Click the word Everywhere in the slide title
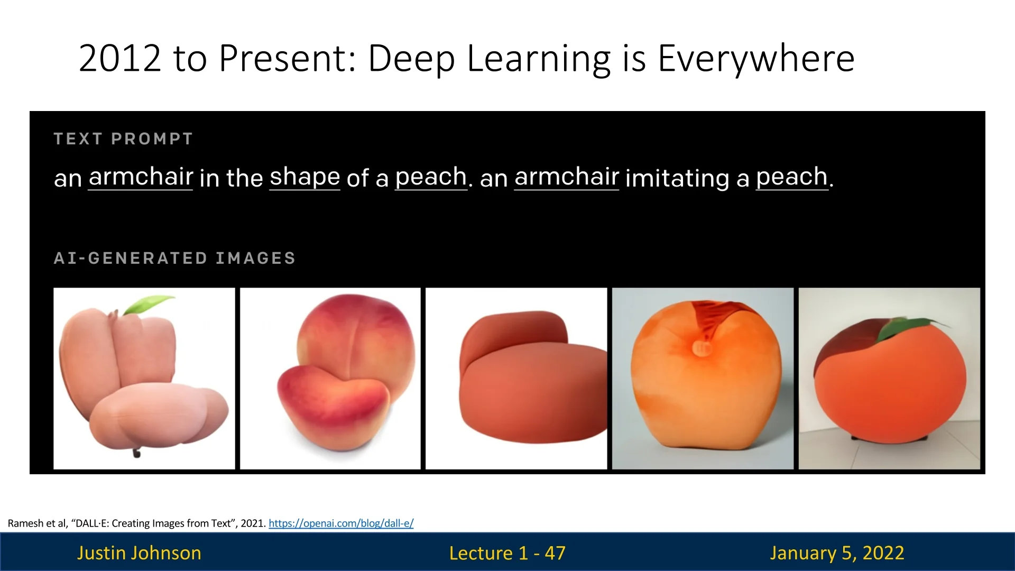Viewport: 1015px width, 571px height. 756,58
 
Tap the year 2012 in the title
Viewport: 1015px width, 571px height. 120,58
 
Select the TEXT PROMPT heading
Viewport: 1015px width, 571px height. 123,139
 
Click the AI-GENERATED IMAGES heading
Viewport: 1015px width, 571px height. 174,258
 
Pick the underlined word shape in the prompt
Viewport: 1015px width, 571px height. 305,177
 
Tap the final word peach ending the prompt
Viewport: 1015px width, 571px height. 791,177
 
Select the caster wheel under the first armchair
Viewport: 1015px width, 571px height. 136,453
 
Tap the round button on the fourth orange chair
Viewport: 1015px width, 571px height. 701,348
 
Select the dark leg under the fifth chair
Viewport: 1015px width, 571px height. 888,438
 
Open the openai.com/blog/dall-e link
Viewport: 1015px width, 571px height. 341,523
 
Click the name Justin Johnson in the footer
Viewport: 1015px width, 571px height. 139,553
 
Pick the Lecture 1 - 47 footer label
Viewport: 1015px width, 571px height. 508,553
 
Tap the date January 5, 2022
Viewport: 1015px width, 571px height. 837,553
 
